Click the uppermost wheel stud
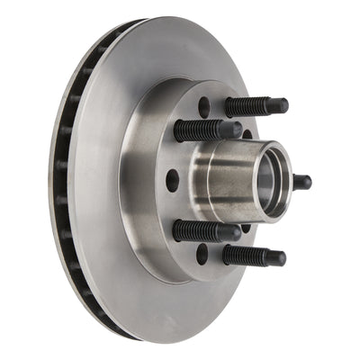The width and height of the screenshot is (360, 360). coord(256,106)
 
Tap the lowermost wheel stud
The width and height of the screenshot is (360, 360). coord(254,256)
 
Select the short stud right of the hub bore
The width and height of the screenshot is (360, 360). coord(301,182)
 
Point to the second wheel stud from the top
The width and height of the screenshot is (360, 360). coord(207,130)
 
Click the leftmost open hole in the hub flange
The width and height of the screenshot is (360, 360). coord(172,180)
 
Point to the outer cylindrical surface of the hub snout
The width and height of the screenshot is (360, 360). coord(220,180)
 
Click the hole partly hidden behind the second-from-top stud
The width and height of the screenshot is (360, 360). coord(247,134)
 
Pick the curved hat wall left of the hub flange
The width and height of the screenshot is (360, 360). coord(144,180)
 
